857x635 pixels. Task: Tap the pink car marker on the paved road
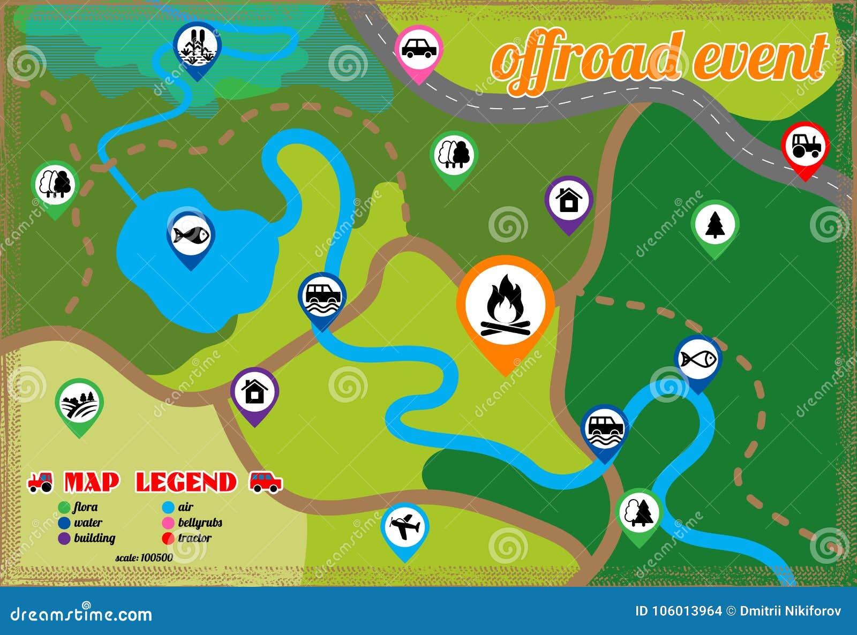pos(418,49)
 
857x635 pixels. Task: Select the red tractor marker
pos(805,146)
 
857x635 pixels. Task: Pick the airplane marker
pos(405,527)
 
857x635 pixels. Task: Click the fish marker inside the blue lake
pos(191,235)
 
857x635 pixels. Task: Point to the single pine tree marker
pos(715,224)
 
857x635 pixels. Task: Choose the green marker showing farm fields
pos(79,403)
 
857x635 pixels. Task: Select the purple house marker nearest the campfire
pos(569,200)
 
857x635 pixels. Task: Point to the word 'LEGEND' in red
pos(186,482)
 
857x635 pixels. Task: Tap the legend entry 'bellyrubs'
pos(199,523)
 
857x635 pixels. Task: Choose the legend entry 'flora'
pos(85,507)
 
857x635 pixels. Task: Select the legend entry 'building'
pos(94,538)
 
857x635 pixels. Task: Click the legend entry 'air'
pos(185,507)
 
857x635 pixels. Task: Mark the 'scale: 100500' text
pos(144,557)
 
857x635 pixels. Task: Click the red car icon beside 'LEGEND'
pos(266,481)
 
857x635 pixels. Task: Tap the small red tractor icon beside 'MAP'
pos(41,481)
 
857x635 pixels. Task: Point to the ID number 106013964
pos(686,611)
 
